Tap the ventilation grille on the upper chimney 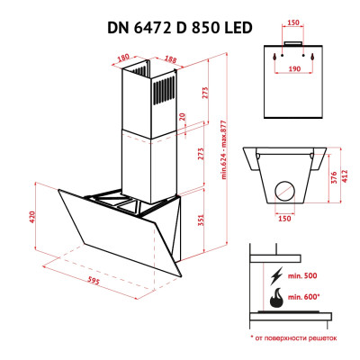tap(165, 91)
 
